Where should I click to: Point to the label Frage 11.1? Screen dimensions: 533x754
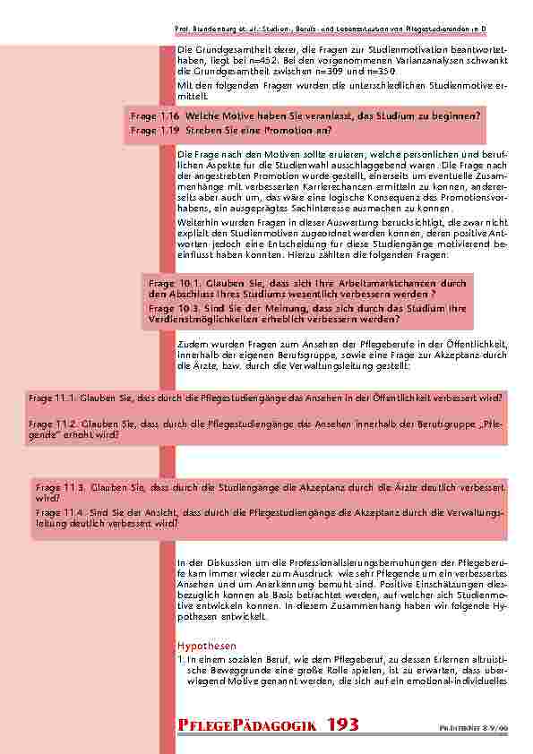pyautogui.click(x=51, y=397)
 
